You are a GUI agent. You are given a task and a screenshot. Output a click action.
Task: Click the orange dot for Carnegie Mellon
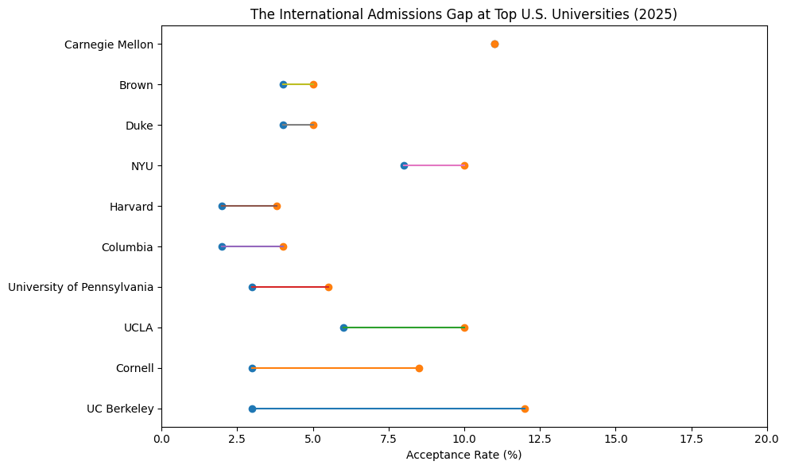pos(494,44)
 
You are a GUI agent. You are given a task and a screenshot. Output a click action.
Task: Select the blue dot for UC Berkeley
pos(252,409)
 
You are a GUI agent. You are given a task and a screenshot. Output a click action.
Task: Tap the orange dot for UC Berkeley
pos(525,409)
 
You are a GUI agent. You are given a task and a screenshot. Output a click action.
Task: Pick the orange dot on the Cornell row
pos(419,368)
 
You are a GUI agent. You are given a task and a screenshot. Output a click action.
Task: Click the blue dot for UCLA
pos(343,328)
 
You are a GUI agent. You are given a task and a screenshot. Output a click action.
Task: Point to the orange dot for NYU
pos(464,165)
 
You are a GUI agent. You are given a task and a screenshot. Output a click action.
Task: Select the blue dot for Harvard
pos(222,206)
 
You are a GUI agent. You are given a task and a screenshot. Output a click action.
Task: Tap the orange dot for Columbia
pos(283,246)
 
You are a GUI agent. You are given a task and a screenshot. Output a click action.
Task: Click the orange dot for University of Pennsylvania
pos(328,287)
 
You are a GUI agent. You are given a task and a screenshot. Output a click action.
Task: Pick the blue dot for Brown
pos(283,84)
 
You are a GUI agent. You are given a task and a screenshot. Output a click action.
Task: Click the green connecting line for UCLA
pos(404,328)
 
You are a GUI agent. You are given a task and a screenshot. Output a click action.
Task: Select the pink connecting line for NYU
pos(434,165)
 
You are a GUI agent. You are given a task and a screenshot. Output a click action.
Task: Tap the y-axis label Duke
pos(139,125)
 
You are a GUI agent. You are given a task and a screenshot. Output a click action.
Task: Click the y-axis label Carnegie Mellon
pos(109,45)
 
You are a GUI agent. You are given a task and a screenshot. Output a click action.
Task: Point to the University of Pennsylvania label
pos(80,287)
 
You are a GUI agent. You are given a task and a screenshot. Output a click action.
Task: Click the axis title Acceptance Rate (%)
pos(463,455)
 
